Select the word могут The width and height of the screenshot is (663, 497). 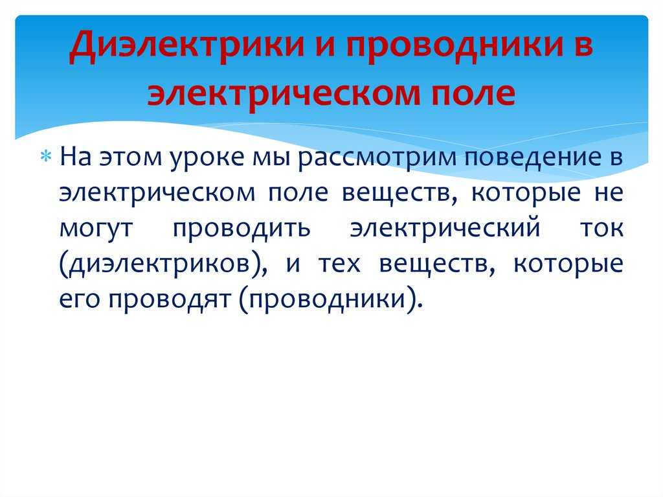point(96,229)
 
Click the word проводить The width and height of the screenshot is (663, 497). point(242,229)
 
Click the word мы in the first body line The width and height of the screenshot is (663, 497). point(271,157)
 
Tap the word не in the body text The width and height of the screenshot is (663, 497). point(609,193)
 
